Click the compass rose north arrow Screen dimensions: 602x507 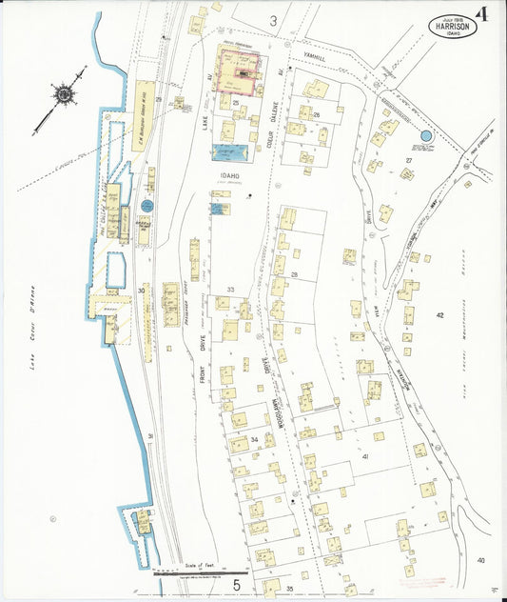click(65, 95)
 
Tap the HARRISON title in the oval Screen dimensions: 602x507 click(454, 25)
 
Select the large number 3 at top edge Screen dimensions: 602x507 click(273, 20)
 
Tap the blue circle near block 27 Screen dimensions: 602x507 click(425, 137)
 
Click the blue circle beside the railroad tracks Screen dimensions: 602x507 click(146, 205)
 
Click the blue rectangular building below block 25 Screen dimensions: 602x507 click(230, 152)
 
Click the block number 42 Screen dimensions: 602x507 click(439, 314)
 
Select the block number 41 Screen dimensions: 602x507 click(364, 456)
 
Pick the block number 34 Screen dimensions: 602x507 click(254, 439)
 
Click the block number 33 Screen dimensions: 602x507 click(230, 289)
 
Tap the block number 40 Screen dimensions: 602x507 click(480, 559)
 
